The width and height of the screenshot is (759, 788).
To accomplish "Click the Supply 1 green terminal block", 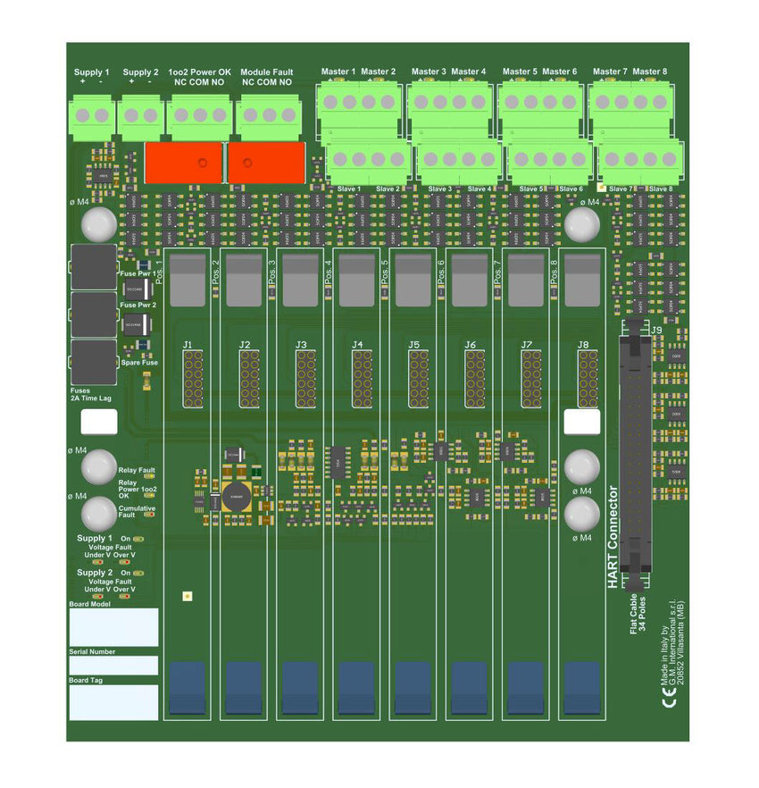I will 93,115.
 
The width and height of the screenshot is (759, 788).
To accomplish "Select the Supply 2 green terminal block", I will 141,115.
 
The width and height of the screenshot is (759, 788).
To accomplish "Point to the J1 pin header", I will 193,378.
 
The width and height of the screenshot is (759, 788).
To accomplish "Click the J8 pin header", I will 588,378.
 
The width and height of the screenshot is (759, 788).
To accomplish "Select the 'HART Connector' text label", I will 613,536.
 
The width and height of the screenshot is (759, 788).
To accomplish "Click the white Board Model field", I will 113,627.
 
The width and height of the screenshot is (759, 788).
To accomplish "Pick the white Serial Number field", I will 113,666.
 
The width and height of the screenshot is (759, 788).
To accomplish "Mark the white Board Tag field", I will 113,702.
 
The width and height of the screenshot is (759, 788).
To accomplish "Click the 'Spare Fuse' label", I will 139,363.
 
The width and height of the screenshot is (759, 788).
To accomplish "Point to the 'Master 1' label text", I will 338,71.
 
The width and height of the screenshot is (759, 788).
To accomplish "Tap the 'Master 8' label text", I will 649,71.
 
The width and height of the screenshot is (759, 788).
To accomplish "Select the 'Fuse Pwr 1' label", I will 138,273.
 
